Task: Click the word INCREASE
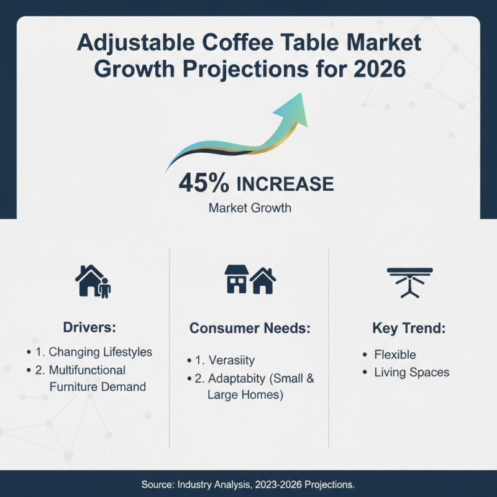point(285,184)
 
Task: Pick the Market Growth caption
point(250,207)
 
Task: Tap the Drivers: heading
point(90,327)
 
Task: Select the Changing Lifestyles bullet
point(99,352)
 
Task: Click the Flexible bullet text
point(395,355)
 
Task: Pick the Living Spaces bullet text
point(411,373)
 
